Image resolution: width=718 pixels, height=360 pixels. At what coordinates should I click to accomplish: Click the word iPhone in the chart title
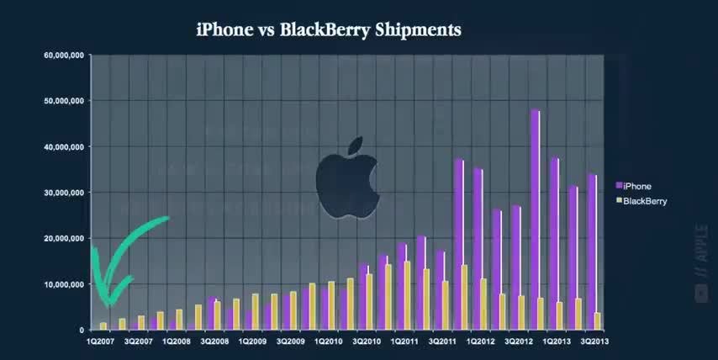click(224, 30)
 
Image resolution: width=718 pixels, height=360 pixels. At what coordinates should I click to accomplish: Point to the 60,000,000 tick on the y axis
click(63, 56)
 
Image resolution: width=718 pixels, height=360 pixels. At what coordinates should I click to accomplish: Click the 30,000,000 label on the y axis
click(63, 193)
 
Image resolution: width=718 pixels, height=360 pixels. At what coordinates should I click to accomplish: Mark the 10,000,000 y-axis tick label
click(63, 284)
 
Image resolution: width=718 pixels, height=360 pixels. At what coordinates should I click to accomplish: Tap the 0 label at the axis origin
click(81, 330)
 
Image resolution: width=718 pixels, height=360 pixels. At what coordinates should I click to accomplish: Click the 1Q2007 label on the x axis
click(100, 341)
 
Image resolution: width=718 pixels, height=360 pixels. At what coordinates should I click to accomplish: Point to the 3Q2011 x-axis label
click(443, 341)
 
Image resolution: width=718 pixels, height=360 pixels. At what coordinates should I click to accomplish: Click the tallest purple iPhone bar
click(534, 219)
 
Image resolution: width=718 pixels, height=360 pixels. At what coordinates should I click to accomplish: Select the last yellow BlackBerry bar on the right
click(596, 320)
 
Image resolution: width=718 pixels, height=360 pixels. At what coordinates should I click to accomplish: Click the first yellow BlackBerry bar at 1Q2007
click(103, 326)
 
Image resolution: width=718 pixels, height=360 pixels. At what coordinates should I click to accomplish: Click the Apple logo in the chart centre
click(344, 178)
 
